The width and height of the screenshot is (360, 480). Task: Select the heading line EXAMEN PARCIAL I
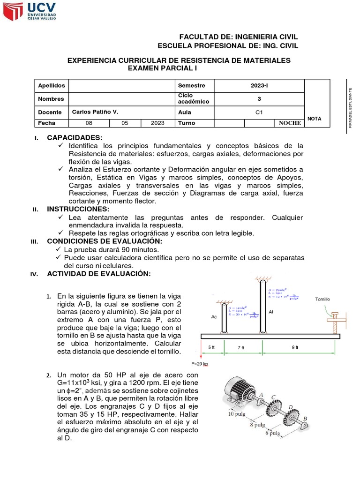[162, 68]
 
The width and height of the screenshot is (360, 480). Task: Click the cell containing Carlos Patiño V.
[95, 112]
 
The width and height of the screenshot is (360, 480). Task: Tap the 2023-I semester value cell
[259, 85]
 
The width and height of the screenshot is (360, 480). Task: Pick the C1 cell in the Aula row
[259, 112]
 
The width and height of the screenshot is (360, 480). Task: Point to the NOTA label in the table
[315, 119]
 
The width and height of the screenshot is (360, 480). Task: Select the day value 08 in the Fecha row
[89, 123]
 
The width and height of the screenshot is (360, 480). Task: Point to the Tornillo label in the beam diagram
[322, 299]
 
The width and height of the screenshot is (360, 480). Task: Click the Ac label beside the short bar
[214, 316]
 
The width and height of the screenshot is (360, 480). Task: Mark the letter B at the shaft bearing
[306, 419]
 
